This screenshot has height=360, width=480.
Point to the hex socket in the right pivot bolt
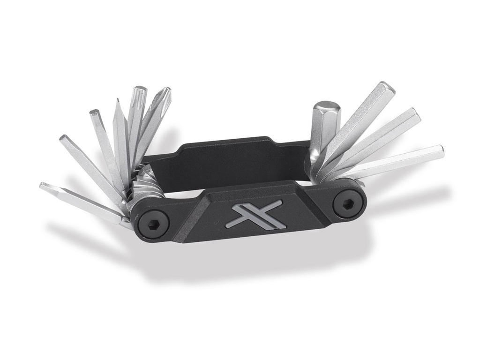point(349,203)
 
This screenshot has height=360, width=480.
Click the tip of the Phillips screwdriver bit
point(165,92)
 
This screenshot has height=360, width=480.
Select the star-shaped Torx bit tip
point(139,91)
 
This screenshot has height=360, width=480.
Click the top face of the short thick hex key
point(325,106)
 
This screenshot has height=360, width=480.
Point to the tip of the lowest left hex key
point(45,187)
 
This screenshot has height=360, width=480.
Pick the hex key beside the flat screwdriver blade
point(103,141)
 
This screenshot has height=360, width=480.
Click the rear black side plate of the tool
point(225,155)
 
